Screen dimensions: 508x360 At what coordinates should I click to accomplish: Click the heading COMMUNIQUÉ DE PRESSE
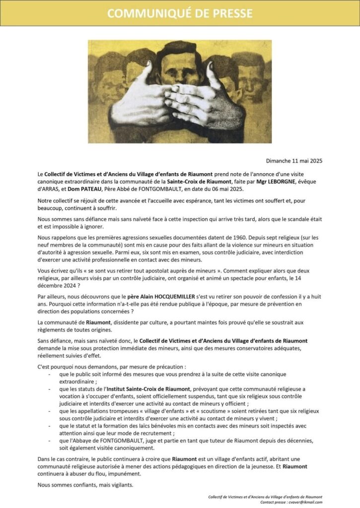[180, 13]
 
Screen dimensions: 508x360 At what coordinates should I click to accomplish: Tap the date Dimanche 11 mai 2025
[293, 161]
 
